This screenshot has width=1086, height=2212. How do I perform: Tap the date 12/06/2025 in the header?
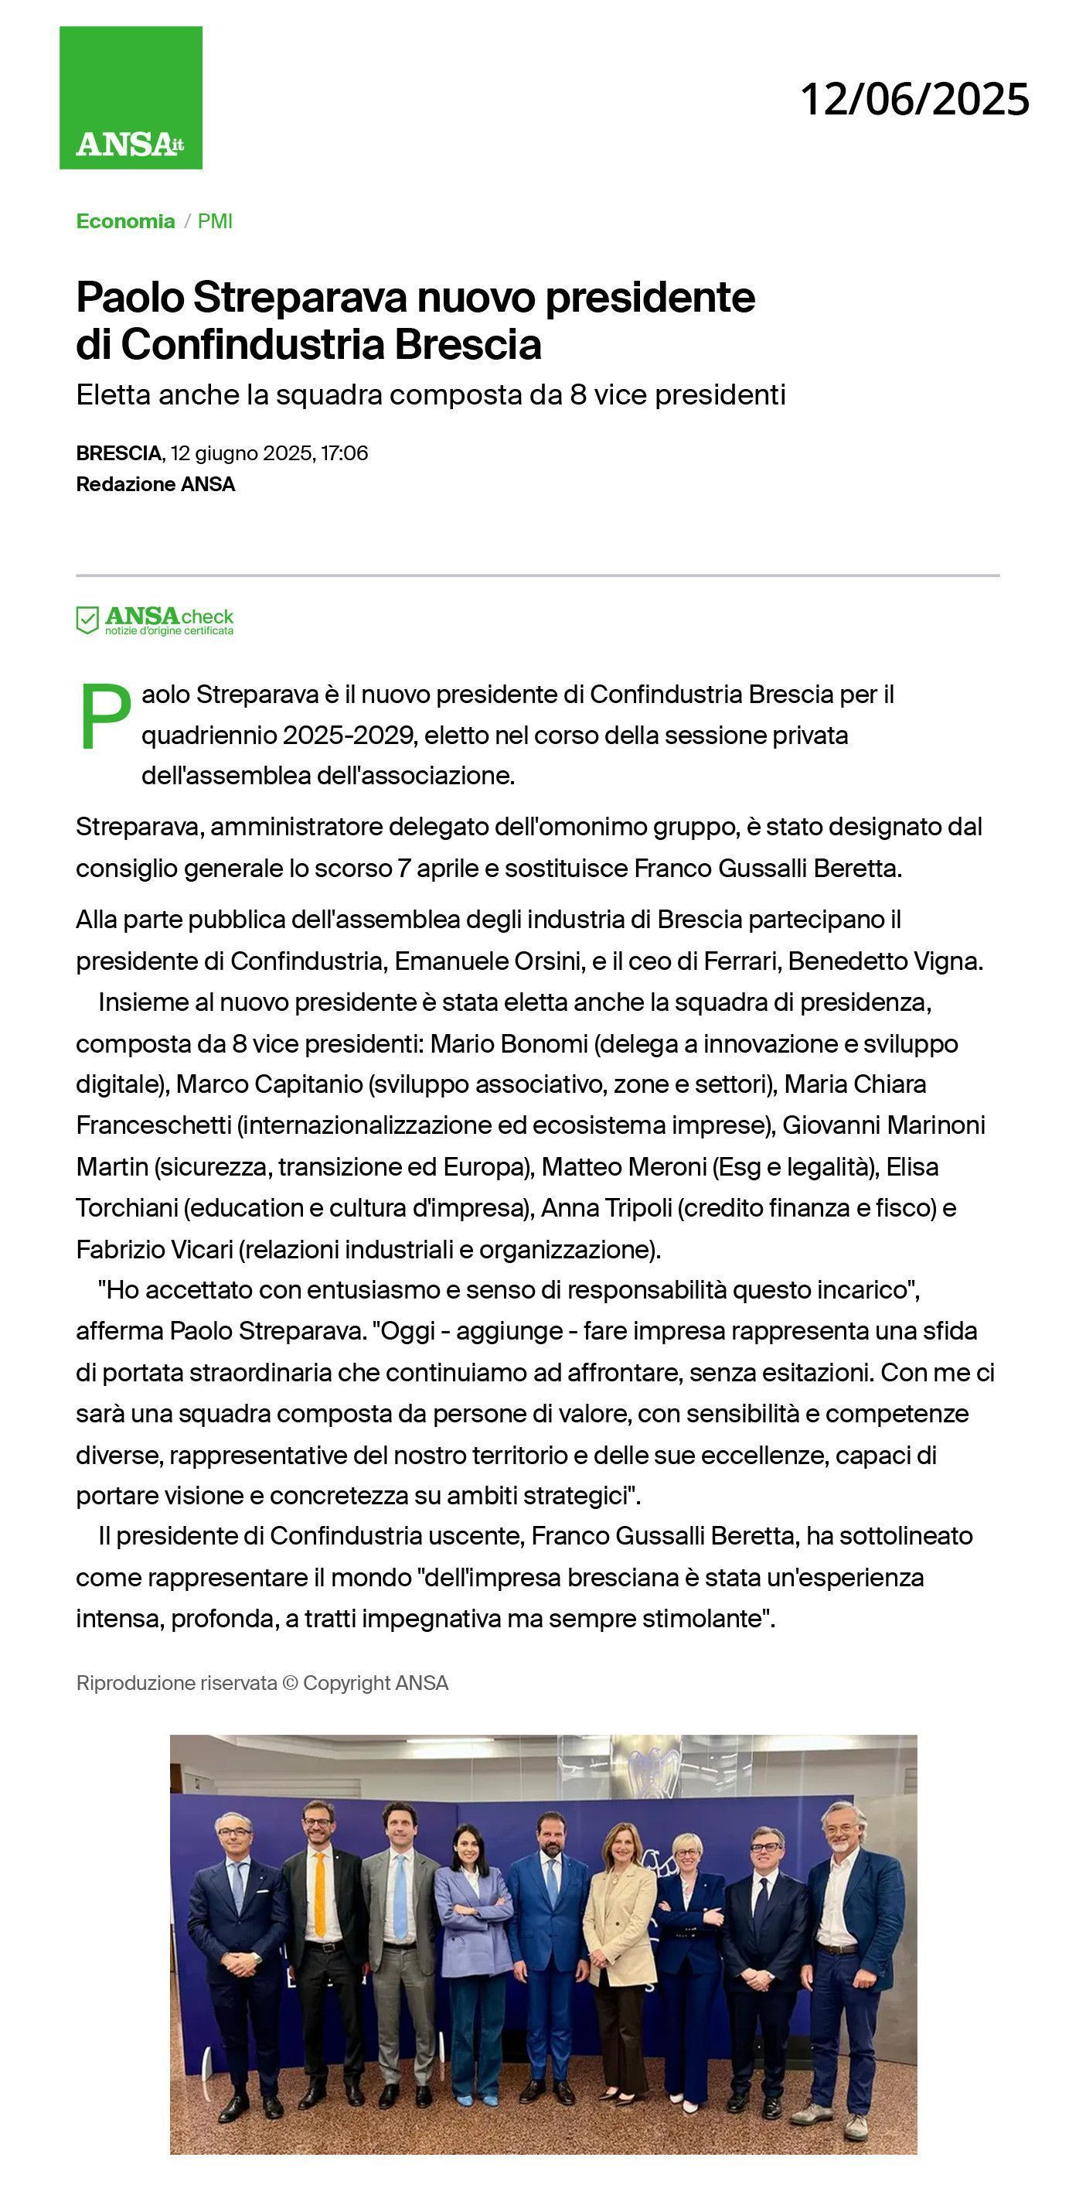914,100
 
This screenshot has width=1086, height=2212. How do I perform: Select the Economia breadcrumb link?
125,221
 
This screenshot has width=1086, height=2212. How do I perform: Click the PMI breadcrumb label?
215,221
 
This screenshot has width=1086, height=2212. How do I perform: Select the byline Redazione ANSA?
155,484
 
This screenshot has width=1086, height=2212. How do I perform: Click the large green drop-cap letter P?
104,718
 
